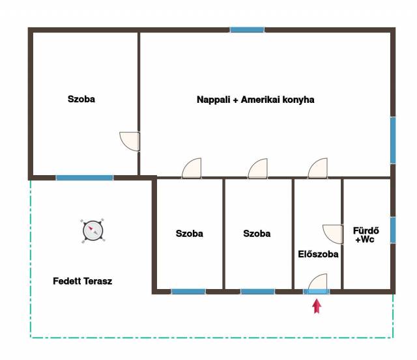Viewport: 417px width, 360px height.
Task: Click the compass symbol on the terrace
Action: coord(93,231)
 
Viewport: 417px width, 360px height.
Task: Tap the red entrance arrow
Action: coord(317,306)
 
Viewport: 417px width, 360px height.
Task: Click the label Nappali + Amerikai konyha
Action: coord(255,100)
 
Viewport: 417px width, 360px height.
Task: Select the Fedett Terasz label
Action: coord(83,281)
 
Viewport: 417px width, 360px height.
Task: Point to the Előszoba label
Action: coord(318,255)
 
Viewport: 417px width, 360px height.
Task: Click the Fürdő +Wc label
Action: coord(366,235)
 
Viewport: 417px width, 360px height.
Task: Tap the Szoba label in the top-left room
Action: coord(81,99)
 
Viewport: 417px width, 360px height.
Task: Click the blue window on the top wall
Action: coord(247,30)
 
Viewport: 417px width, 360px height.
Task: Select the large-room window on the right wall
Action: coord(393,140)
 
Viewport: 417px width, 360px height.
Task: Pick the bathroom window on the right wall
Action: coord(393,230)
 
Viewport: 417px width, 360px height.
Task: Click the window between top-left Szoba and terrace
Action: coord(85,178)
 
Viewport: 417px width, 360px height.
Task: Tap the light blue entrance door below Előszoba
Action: coord(317,292)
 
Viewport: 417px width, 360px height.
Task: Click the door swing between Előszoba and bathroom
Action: coord(333,234)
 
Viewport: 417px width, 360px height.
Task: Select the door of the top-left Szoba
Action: coord(130,142)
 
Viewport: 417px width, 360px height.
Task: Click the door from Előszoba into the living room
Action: coord(318,168)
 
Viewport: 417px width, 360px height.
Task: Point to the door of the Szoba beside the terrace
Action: coord(192,168)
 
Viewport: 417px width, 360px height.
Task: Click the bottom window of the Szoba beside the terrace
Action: coord(188,292)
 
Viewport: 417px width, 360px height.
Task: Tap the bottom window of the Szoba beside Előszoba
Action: coord(258,292)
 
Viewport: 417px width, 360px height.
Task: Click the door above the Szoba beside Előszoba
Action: coord(258,169)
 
